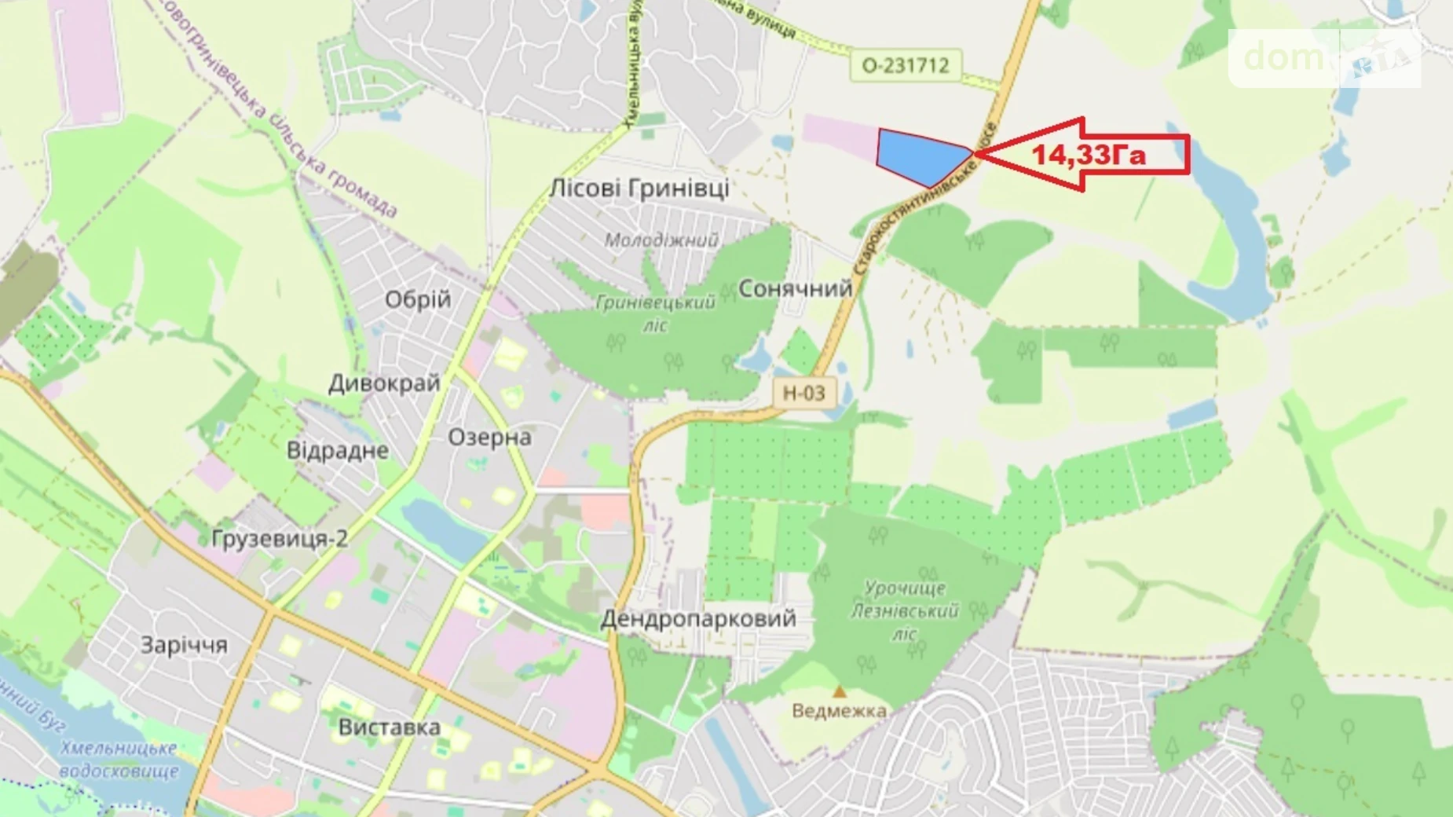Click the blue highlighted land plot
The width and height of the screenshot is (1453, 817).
click(x=919, y=156)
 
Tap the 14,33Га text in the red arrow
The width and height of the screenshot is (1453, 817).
click(x=1088, y=155)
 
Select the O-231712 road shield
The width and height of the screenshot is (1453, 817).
click(x=906, y=65)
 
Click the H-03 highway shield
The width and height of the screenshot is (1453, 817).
click(x=803, y=393)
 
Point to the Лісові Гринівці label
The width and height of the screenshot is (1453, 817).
click(x=639, y=189)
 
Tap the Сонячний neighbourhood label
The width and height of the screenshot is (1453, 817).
click(x=795, y=288)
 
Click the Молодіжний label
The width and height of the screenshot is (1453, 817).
click(x=661, y=240)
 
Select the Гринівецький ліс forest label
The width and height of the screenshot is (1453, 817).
click(x=656, y=313)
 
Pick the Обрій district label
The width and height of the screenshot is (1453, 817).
click(x=418, y=299)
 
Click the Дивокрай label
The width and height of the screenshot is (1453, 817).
click(x=384, y=383)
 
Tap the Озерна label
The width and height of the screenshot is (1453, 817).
click(x=489, y=437)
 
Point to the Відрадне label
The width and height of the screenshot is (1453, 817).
click(x=338, y=450)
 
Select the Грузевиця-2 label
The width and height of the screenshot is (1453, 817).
click(x=280, y=538)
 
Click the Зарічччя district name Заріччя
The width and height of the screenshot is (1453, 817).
click(x=184, y=645)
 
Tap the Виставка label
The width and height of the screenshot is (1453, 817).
click(x=389, y=727)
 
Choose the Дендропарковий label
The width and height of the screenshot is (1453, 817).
click(x=698, y=618)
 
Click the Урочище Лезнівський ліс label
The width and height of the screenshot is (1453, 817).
click(x=905, y=610)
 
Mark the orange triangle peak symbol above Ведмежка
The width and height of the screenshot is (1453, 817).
click(x=840, y=692)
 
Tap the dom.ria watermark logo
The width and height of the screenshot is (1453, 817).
click(x=1324, y=57)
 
